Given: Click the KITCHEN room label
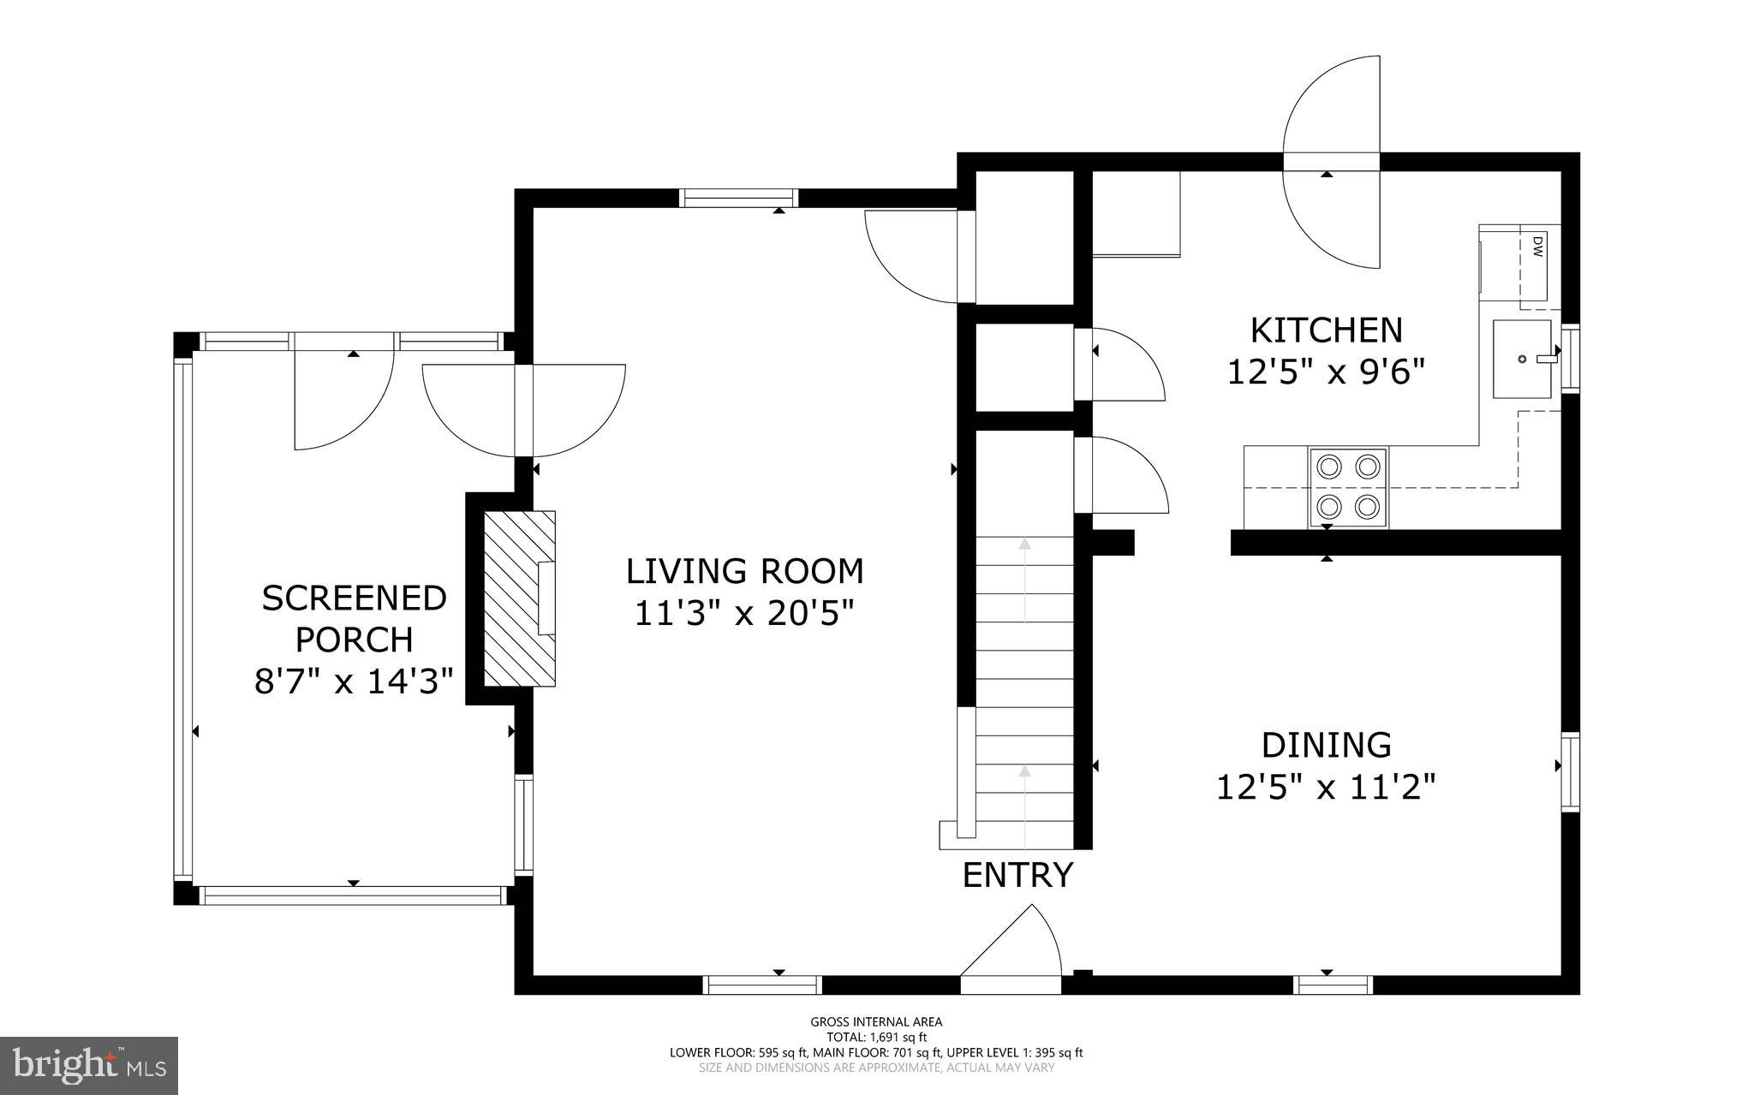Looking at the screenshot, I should [x=1326, y=330].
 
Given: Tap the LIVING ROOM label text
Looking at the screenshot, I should [x=744, y=571].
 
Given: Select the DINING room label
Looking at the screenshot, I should [x=1326, y=745].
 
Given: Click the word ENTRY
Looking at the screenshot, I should [x=1017, y=875].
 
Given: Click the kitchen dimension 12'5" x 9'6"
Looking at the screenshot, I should [x=1326, y=372].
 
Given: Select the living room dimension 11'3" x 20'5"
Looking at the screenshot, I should [x=744, y=613].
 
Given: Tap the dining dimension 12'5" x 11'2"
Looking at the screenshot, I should [x=1326, y=786].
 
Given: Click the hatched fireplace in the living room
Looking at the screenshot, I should [x=519, y=598].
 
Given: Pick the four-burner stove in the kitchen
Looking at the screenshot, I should [x=1348, y=486].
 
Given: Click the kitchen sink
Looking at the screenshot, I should [x=1522, y=359].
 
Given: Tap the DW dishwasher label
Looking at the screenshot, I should [x=1537, y=247].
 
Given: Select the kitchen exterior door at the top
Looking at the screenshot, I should [x=1332, y=163].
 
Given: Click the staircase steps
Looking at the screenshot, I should [x=1025, y=685].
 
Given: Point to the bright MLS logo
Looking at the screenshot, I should [x=89, y=1065].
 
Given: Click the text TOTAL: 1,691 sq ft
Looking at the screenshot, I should [x=876, y=1037].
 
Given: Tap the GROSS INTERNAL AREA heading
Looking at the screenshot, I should [x=876, y=1021].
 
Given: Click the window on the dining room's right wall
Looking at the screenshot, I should [x=1570, y=771].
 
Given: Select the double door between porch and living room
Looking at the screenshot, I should [x=524, y=411].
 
